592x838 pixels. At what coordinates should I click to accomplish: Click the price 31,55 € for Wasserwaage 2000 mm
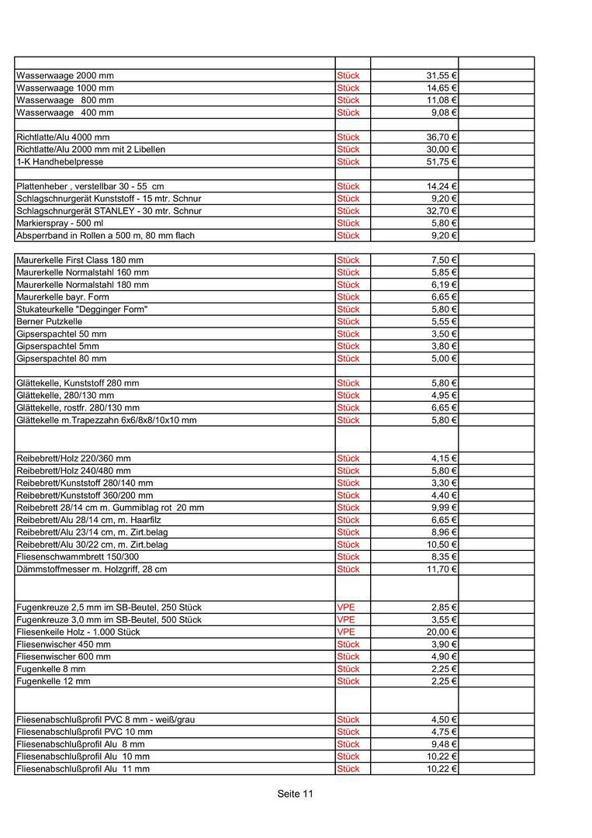click(441, 76)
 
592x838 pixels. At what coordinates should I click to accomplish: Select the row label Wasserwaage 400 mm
click(65, 113)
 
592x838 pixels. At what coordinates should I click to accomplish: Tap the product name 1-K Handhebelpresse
click(60, 162)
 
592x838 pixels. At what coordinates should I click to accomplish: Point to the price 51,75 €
click(441, 162)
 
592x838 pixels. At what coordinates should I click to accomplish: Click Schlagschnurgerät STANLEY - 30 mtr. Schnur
click(109, 211)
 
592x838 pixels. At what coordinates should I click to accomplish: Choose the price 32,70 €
click(441, 211)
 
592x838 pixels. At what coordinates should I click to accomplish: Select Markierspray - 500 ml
click(65, 223)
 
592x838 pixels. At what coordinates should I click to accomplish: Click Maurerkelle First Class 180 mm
click(80, 260)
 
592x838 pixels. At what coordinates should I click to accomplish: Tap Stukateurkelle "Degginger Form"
click(81, 310)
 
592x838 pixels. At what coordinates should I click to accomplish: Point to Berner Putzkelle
click(49, 321)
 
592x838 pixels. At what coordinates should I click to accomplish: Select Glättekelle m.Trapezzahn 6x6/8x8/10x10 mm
click(106, 420)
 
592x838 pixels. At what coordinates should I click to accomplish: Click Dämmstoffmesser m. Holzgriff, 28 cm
click(92, 570)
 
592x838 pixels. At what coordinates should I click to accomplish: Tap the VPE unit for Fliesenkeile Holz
click(346, 632)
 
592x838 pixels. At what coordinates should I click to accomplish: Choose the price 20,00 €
click(441, 632)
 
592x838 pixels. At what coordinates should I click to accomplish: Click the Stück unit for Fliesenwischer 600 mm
click(348, 656)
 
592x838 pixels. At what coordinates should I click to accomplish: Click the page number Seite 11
click(296, 794)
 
